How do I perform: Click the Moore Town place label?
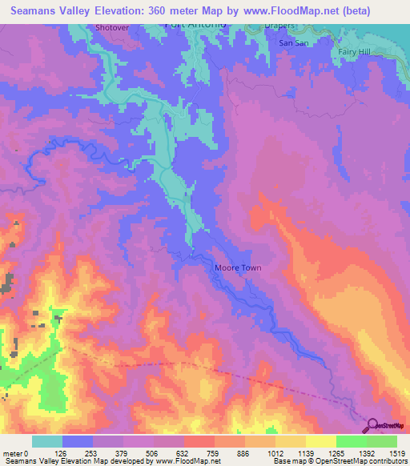[238, 268]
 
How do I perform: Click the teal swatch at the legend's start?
[47, 440]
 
